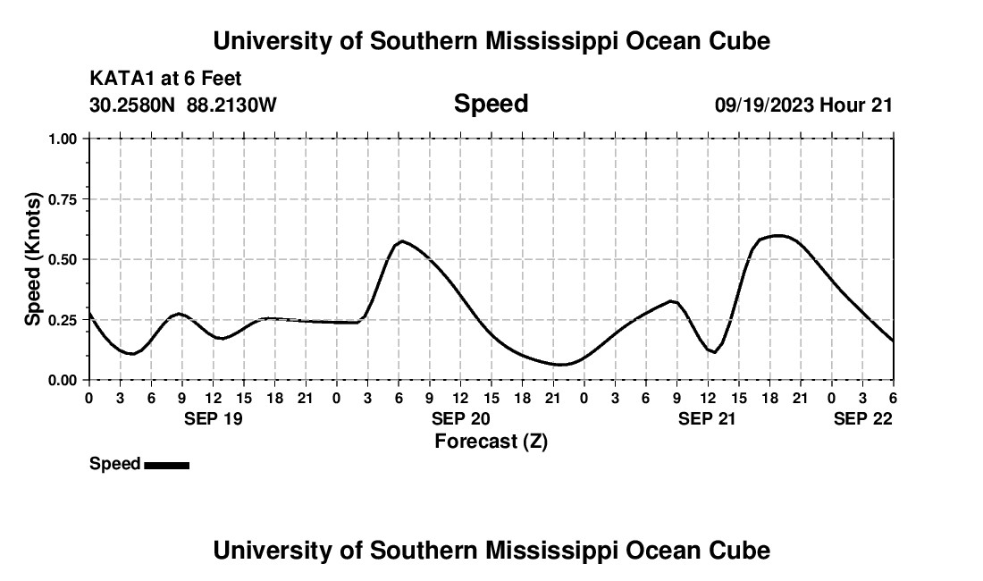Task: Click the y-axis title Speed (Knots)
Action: [x=33, y=259]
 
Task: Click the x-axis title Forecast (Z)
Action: [x=491, y=442]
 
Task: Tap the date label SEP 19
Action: [x=213, y=418]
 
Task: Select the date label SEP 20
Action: [x=460, y=418]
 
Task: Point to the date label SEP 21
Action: [x=708, y=418]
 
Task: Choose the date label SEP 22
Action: [x=863, y=418]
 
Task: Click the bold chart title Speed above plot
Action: [x=491, y=104]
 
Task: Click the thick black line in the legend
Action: [x=166, y=465]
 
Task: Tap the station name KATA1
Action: [x=116, y=79]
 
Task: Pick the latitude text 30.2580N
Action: [x=133, y=105]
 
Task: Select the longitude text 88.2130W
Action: [x=232, y=105]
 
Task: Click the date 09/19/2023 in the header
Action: [x=764, y=105]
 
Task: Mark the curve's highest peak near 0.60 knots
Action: [x=779, y=235]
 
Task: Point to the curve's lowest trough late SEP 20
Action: [x=559, y=365]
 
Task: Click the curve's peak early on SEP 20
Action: [x=403, y=241]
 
